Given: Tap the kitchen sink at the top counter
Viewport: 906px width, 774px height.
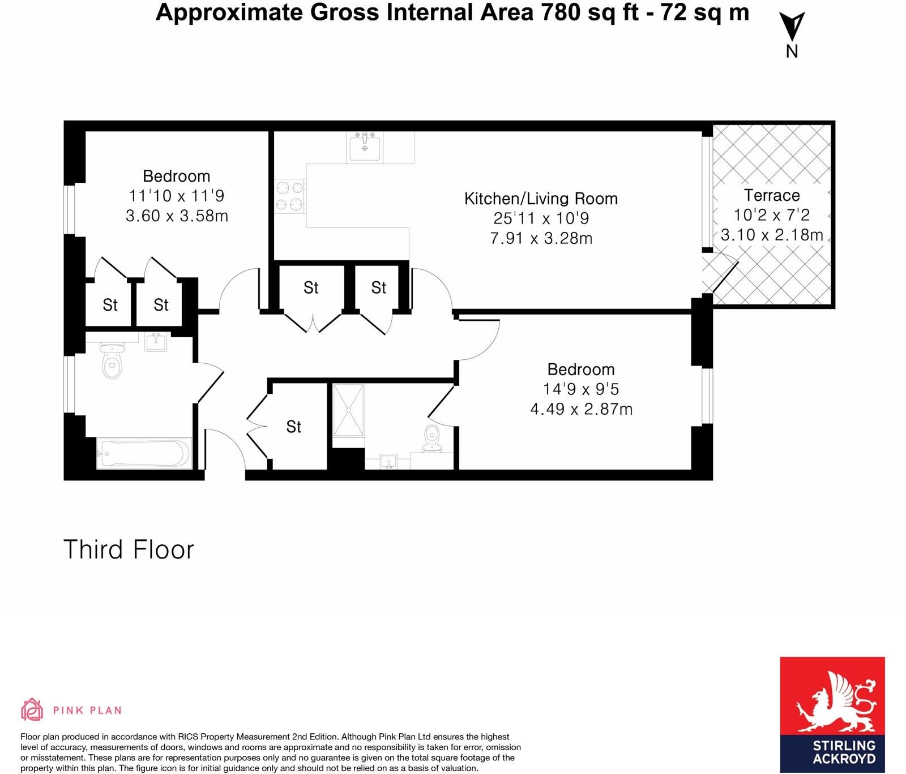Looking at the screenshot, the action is coord(365,147).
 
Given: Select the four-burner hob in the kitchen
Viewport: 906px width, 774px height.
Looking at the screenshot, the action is coord(290,196).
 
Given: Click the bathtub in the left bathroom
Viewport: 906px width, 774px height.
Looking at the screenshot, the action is coord(144,453).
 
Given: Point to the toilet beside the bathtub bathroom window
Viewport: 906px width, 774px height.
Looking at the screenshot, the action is coord(112,360).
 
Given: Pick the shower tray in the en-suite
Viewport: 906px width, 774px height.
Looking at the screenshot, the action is coord(348,410).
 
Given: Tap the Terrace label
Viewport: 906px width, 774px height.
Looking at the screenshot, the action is coord(772,195).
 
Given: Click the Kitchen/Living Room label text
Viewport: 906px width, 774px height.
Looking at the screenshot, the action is coord(541,199).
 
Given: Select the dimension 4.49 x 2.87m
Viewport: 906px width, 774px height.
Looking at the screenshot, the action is coord(581,409).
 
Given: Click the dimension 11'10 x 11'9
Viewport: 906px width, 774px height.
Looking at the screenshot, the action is coord(176,196).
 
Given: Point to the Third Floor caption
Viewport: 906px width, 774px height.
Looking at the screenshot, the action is coord(129,549).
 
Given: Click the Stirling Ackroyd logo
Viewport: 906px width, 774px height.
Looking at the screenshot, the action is coord(832,715).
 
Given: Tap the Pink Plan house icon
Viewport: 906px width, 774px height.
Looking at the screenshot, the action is coord(32,709).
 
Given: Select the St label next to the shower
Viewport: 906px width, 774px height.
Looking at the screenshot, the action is coord(294,427).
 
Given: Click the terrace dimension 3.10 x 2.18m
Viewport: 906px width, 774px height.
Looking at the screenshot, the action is coord(772,235).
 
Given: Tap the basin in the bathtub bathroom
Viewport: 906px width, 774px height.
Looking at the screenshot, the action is coord(156,342).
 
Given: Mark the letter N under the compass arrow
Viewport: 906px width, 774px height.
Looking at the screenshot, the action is coord(792,51).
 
